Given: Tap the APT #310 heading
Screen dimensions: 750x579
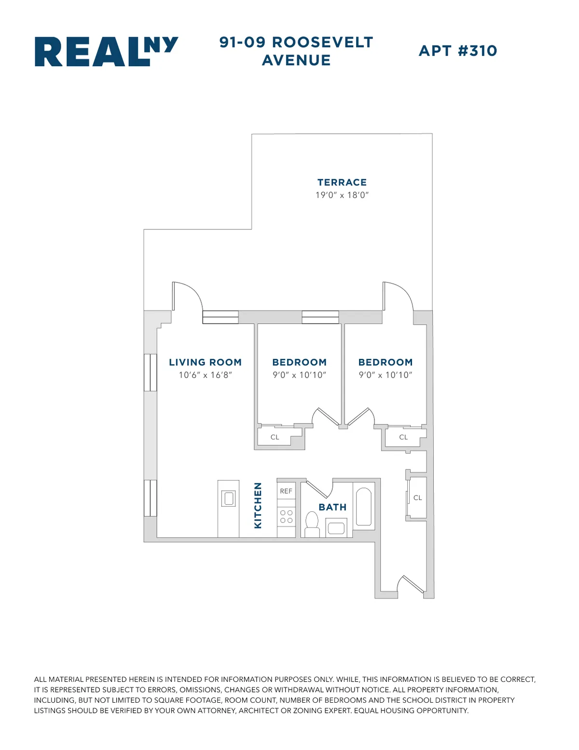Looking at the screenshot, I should pos(457,51).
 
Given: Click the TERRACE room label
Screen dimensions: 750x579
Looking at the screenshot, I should pos(342,182).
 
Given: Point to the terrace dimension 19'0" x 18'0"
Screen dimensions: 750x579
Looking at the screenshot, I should pos(342,195).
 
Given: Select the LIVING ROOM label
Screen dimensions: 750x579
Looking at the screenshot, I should pos(205,362).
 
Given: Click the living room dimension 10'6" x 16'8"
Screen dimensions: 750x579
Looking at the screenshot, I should pos(205,375).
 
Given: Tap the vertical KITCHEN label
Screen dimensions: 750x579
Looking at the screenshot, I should pos(258,505).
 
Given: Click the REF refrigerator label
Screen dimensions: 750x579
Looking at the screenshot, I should pos(286,491).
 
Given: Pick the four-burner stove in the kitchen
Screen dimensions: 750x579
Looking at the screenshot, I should pos(286,516).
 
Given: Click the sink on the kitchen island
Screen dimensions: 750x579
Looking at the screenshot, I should pos(228,498).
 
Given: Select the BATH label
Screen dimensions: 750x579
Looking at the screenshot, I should pos(332,507).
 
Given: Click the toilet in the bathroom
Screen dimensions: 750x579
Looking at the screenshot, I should pos(312,524).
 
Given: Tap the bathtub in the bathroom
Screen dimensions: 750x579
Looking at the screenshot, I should pos(363,507).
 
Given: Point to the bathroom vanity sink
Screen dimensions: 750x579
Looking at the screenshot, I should pos(336,528).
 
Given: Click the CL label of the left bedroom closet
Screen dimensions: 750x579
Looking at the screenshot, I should pos(275,437).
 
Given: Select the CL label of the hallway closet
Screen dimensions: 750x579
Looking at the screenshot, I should pos(417,497).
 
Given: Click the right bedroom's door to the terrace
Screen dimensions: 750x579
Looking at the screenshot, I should pos(397,296).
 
